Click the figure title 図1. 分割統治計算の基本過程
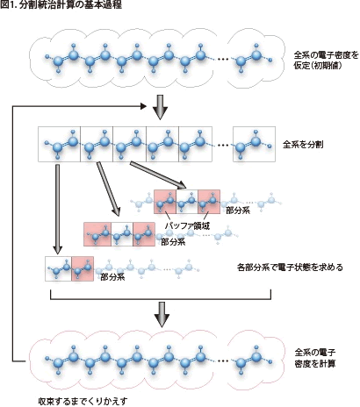pyautogui.click(x=61, y=5)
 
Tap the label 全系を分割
pyautogui.click(x=303, y=145)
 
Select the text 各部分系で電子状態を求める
pyautogui.click(x=290, y=268)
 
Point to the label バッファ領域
pyautogui.click(x=187, y=225)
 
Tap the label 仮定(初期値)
pyautogui.click(x=318, y=66)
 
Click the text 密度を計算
pyautogui.click(x=315, y=363)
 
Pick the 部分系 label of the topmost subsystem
pyautogui.click(x=238, y=211)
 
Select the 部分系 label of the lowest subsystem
pyautogui.click(x=112, y=277)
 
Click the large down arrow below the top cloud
pyautogui.click(x=160, y=107)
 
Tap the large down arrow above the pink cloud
pyautogui.click(x=162, y=315)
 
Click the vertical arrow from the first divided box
pyautogui.click(x=58, y=209)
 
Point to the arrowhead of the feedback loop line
pyautogui.click(x=143, y=106)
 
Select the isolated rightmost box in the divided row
pyautogui.click(x=254, y=144)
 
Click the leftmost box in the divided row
pyautogui.click(x=59, y=144)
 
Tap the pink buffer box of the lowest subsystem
pyautogui.click(x=83, y=268)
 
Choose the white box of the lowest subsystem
pyautogui.click(x=59, y=268)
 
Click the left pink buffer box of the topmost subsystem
pyautogui.click(x=165, y=202)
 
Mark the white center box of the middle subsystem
pyautogui.click(x=122, y=234)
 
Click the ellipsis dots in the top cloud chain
pyautogui.click(x=223, y=60)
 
